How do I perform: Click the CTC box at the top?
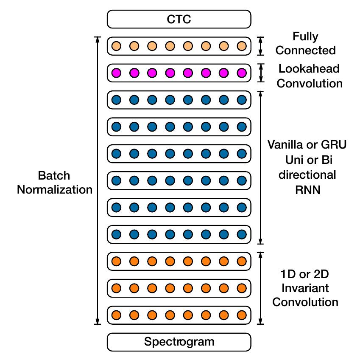point(179,19)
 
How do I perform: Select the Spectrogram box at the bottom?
point(179,341)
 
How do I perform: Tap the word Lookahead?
point(309,68)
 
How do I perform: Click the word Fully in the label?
point(305,37)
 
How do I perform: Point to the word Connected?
point(305,51)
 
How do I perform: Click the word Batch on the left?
point(54,176)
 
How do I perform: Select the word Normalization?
point(54,189)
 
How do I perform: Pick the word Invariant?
point(305,288)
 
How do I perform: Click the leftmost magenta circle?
point(116,73)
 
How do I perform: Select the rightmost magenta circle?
point(241,73)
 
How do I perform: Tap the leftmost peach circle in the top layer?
point(116,46)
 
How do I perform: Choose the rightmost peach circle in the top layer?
point(241,46)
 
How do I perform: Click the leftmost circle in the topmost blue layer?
point(116,100)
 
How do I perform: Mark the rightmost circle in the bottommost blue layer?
point(241,234)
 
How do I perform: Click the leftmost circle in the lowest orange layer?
point(116,315)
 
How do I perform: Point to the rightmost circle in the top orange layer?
point(241,261)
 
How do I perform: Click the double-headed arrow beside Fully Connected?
point(261,46)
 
